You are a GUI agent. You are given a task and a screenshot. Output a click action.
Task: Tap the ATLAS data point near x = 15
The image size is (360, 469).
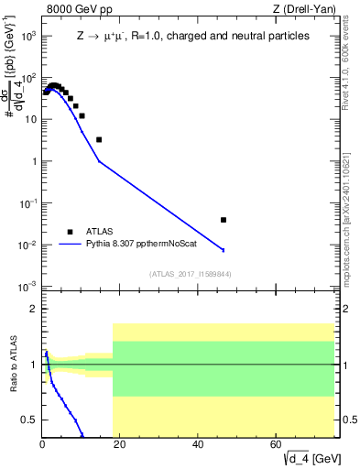coord(99,139)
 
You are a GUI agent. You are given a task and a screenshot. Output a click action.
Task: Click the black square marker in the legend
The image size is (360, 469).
coord(71,232)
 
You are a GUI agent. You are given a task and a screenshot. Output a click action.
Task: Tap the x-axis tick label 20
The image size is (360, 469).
coord(120,446)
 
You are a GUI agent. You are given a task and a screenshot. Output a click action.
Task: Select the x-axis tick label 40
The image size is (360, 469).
coord(199,446)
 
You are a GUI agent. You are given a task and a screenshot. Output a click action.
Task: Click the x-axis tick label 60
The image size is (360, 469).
coord(277,446)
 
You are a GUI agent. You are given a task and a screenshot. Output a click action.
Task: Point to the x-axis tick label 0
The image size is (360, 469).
coord(42,446)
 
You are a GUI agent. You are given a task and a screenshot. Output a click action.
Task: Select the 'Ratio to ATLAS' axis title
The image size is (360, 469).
coord(14,364)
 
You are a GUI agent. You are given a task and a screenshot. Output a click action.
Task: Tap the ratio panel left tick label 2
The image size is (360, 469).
coord(34,309)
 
